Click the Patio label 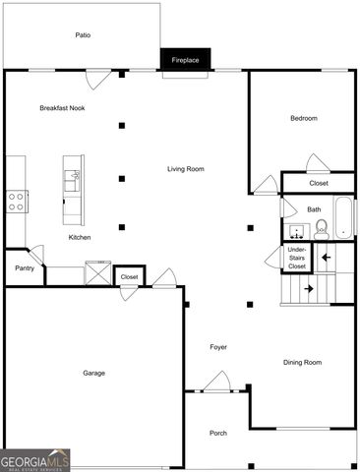click(x=84, y=35)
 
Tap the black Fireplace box click(x=185, y=60)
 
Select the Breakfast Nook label click(x=62, y=107)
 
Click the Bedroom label click(x=303, y=118)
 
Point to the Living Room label click(x=185, y=169)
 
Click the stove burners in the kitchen click(x=17, y=202)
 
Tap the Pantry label click(x=25, y=267)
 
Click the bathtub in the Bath click(x=343, y=218)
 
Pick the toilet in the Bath click(x=321, y=231)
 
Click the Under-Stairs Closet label click(x=296, y=259)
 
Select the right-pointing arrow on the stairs click(x=309, y=289)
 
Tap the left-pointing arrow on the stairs click(x=325, y=258)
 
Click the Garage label click(x=93, y=373)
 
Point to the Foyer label click(x=218, y=347)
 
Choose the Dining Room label click(x=302, y=363)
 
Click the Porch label click(x=218, y=433)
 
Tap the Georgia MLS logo click(x=35, y=460)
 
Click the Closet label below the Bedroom click(x=319, y=183)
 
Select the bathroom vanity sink click(x=296, y=232)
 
